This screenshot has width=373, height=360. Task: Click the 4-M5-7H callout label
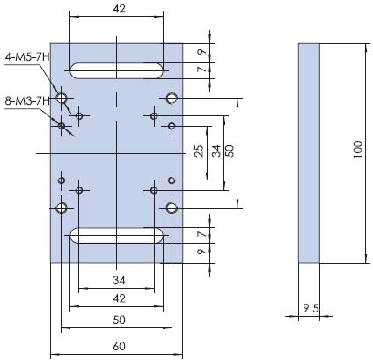click(x=27, y=56)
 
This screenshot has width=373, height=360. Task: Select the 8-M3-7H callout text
click(x=27, y=101)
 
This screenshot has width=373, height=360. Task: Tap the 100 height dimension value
click(x=358, y=150)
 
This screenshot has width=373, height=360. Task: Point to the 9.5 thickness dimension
click(x=311, y=308)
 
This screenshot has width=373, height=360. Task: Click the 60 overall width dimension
click(x=119, y=347)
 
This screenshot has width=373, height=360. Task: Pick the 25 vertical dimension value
click(x=199, y=151)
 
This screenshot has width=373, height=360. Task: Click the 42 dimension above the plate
click(x=119, y=9)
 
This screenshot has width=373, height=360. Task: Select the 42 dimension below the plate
click(x=119, y=298)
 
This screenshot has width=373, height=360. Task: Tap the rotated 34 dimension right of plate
click(x=216, y=151)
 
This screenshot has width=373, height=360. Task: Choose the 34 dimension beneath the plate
click(x=119, y=281)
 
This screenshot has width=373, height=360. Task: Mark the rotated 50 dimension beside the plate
click(x=230, y=151)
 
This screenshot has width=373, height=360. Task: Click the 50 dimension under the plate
click(x=119, y=320)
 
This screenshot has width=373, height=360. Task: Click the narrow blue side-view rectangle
click(x=309, y=153)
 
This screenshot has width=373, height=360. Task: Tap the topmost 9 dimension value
click(x=201, y=52)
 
